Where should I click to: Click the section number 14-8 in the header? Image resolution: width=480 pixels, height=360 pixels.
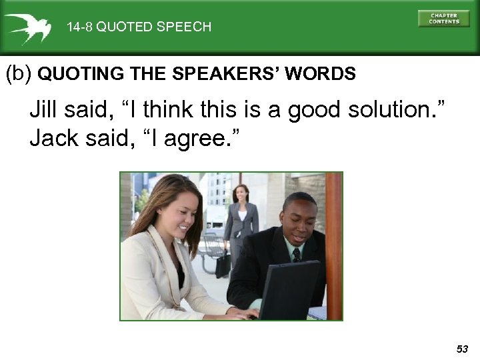[x=79, y=27]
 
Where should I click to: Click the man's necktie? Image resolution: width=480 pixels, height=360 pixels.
[x=296, y=255]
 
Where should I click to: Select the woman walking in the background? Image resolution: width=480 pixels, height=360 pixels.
[x=239, y=220]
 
